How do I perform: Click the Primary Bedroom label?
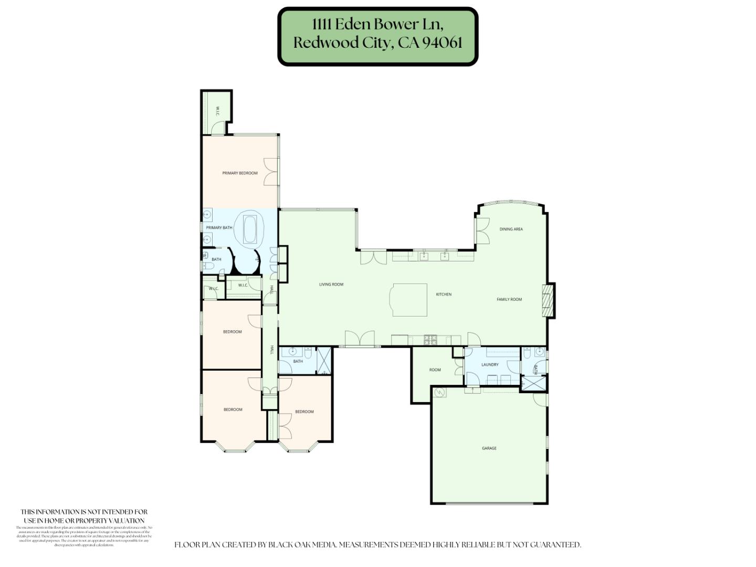pyautogui.click(x=240, y=173)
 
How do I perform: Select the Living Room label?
pyautogui.click(x=331, y=285)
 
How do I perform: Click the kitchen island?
pyautogui.click(x=409, y=300)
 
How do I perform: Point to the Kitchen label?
pyautogui.click(x=444, y=295)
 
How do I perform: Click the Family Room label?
pyautogui.click(x=509, y=299)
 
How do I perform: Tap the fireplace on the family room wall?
pyautogui.click(x=549, y=301)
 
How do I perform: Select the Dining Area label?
pyautogui.click(x=511, y=229)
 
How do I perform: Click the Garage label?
pyautogui.click(x=489, y=448)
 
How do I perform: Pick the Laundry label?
pyautogui.click(x=490, y=365)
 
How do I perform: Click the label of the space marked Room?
pyautogui.click(x=435, y=370)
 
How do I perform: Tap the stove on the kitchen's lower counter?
pyautogui.click(x=430, y=340)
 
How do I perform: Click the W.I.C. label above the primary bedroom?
pyautogui.click(x=217, y=111)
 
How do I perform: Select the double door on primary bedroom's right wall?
pyautogui.click(x=271, y=172)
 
